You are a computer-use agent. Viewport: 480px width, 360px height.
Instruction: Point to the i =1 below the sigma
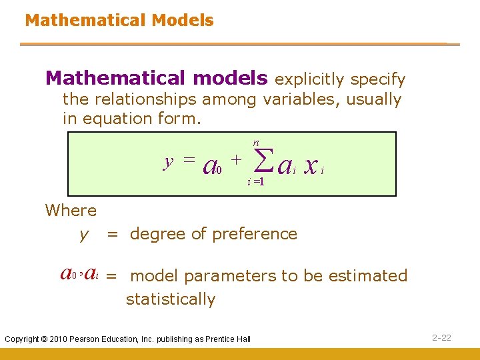(x=256, y=181)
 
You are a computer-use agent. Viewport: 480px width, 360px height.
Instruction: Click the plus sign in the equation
(x=235, y=159)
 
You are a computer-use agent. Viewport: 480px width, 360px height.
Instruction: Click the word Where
(x=71, y=211)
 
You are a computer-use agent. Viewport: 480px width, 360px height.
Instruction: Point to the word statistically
(x=171, y=299)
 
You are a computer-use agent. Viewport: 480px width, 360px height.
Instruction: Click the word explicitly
(x=310, y=80)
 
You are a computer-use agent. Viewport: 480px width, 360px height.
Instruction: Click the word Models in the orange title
(x=183, y=20)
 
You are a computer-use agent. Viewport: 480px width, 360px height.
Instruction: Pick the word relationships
(x=147, y=100)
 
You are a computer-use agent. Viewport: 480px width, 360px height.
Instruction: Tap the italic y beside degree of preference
(x=84, y=234)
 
